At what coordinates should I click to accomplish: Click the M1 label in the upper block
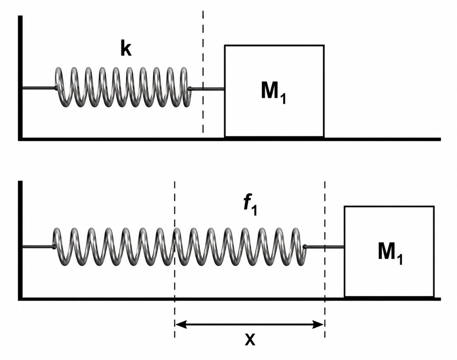click(x=273, y=93)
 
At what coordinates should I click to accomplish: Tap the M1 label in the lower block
click(x=390, y=254)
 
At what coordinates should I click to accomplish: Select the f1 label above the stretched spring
click(x=250, y=204)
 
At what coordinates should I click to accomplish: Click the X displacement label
click(x=250, y=339)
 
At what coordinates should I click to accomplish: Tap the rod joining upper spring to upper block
click(x=207, y=89)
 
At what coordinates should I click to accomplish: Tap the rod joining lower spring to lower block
click(x=324, y=247)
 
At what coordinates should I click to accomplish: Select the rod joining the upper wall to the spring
click(x=39, y=88)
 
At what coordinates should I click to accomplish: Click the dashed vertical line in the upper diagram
click(x=203, y=72)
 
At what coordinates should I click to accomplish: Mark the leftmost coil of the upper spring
click(x=60, y=87)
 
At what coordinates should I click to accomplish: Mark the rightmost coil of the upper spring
click(x=185, y=87)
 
